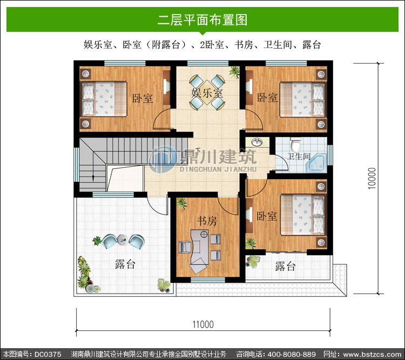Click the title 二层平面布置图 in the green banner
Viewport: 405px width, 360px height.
[202, 19]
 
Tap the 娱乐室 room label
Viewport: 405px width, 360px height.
[207, 93]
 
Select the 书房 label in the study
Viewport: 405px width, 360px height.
[207, 221]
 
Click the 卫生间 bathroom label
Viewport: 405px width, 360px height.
[299, 156]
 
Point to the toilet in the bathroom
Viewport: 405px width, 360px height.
[296, 144]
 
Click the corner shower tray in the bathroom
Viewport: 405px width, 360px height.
[316, 163]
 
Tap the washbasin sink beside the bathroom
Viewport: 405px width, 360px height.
[256, 142]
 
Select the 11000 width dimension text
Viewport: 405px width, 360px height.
[203, 324]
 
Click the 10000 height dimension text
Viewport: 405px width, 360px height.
[372, 179]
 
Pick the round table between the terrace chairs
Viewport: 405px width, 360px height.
[122, 240]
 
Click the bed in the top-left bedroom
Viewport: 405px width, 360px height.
[104, 99]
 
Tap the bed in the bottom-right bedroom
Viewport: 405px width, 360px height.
[302, 215]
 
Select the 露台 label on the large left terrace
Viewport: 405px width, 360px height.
[125, 264]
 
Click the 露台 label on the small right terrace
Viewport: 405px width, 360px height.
[285, 266]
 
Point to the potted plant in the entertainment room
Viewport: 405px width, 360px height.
[234, 72]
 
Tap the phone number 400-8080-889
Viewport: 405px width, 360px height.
[292, 354]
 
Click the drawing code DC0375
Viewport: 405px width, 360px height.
[48, 354]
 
